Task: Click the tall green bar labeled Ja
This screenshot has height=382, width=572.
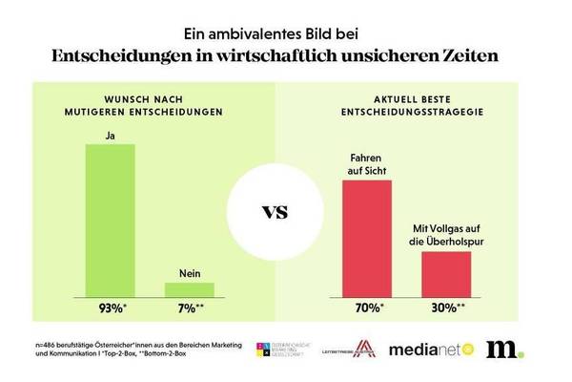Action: pyautogui.click(x=111, y=219)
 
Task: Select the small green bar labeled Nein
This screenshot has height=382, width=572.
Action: pyautogui.click(x=189, y=287)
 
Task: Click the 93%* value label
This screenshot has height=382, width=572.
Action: pyautogui.click(x=112, y=308)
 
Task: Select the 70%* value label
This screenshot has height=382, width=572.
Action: pyautogui.click(x=366, y=308)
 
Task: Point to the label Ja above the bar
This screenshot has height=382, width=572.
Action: pyautogui.click(x=111, y=136)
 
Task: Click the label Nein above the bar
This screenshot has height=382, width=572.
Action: pyautogui.click(x=189, y=273)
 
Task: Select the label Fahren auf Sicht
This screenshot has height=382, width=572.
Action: pyautogui.click(x=366, y=164)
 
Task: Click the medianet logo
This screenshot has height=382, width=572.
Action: pyautogui.click(x=439, y=350)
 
